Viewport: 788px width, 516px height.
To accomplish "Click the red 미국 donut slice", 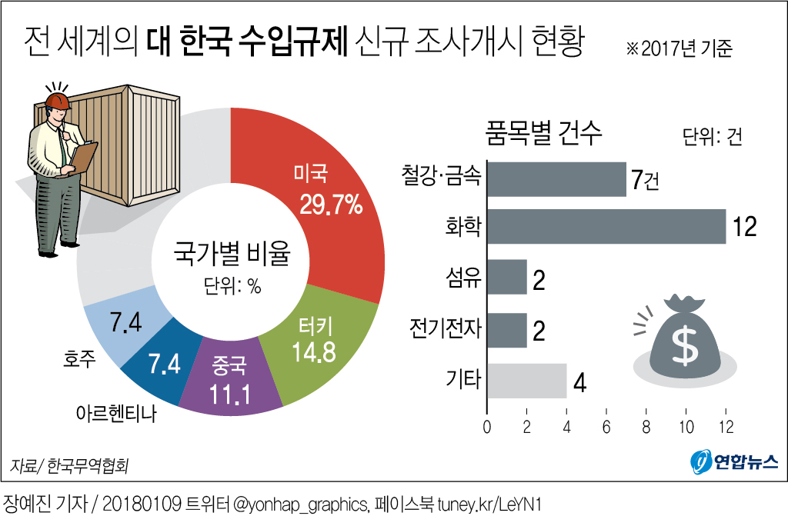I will pyautogui.click(x=323, y=192).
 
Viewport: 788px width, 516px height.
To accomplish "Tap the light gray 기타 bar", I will pyautogui.click(x=527, y=381).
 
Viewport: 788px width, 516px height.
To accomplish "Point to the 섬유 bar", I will pyautogui.click(x=507, y=278).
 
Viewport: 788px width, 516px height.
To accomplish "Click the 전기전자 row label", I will pyautogui.click(x=445, y=330).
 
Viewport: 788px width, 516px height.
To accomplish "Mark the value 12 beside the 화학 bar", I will pyautogui.click(x=745, y=226).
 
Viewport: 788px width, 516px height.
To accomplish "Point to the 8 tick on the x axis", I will pyautogui.click(x=646, y=425).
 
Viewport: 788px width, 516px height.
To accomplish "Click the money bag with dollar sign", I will pyautogui.click(x=681, y=335).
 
